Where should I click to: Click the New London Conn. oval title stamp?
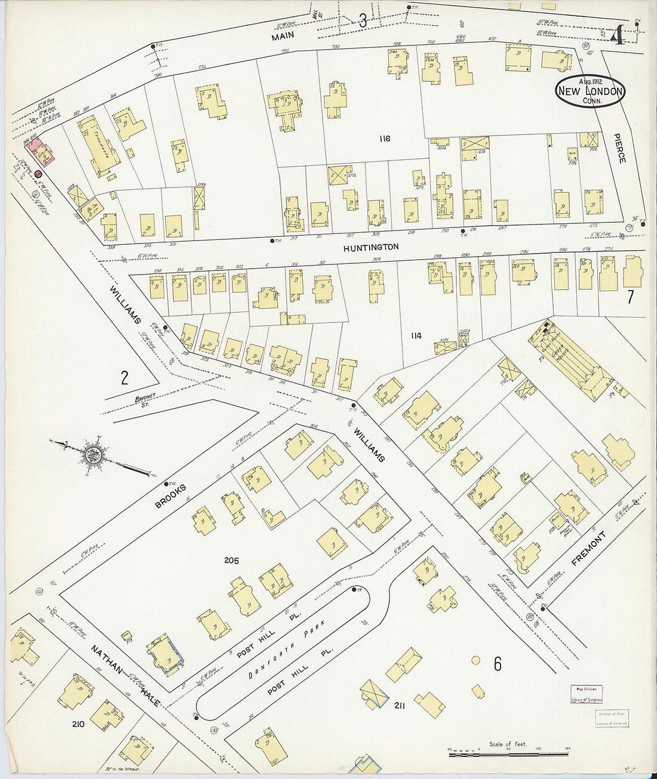(x=590, y=92)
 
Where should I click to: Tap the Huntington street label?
(x=371, y=247)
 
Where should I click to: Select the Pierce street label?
(x=621, y=149)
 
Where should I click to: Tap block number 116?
(x=384, y=138)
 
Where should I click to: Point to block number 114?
(x=416, y=336)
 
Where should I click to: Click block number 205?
(x=231, y=560)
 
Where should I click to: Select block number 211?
(x=400, y=706)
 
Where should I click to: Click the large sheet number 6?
(x=497, y=664)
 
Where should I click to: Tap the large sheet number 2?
(x=124, y=377)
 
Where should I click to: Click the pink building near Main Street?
(x=43, y=152)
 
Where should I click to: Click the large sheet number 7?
(x=630, y=297)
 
